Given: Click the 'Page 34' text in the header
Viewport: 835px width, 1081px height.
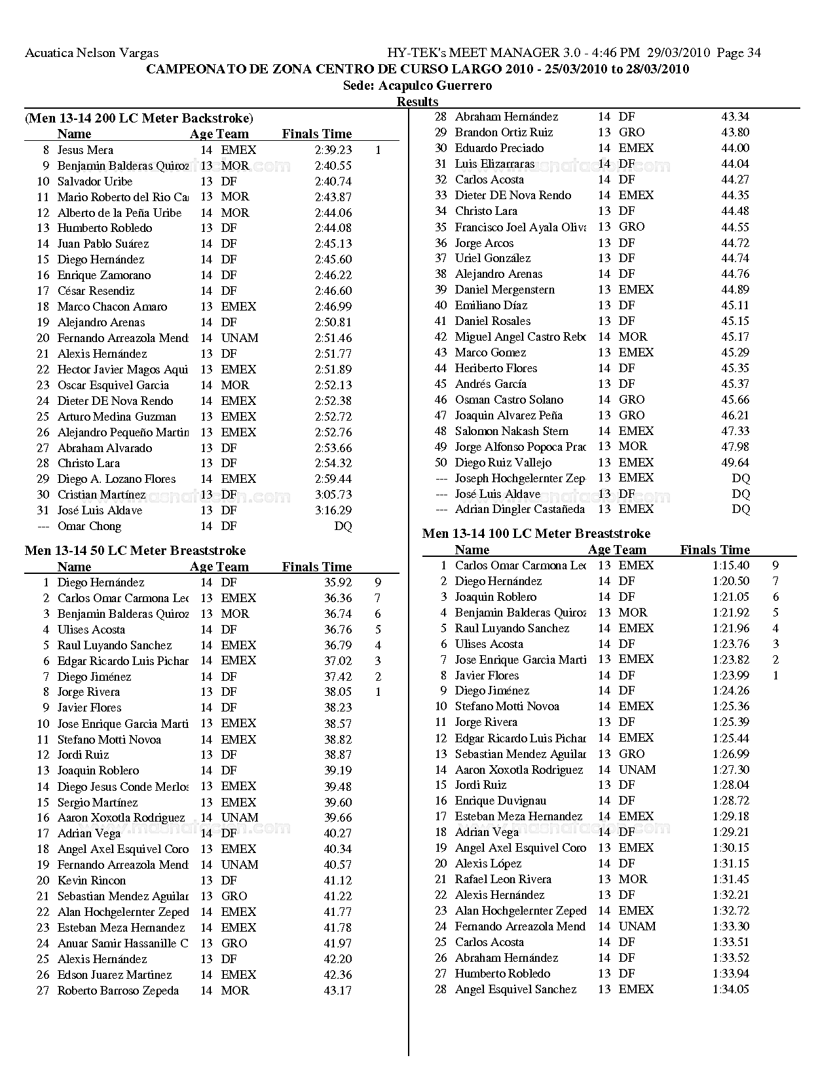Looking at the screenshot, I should [x=739, y=53].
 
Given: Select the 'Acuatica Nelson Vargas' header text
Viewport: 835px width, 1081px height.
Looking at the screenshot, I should [x=92, y=53].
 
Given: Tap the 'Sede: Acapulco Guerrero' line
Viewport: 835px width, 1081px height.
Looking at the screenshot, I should [x=417, y=86].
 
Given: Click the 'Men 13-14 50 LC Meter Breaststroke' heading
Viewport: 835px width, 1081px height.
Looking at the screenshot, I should [x=135, y=550].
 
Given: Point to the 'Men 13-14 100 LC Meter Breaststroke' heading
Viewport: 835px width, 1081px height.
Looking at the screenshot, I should [x=536, y=533].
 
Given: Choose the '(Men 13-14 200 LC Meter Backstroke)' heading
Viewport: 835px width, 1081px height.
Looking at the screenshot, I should [x=139, y=119].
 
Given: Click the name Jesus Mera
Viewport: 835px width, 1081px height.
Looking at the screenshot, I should [x=85, y=150].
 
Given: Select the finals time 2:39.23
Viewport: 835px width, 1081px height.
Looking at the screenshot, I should [x=333, y=150].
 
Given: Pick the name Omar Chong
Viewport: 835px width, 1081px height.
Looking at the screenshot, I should [x=89, y=526].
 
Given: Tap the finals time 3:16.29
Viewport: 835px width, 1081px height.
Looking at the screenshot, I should [x=333, y=510].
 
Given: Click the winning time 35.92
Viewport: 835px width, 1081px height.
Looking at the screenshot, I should [x=338, y=582].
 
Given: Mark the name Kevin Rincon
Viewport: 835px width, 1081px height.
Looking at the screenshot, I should [x=92, y=881].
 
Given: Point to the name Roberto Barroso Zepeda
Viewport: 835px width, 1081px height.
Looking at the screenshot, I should [x=118, y=991].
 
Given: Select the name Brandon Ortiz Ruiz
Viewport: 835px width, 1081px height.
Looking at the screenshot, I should [x=504, y=132].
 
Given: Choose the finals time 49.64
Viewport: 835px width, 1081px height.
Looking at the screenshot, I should [x=735, y=463].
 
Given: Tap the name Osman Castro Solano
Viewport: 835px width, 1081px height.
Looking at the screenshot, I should [x=509, y=400].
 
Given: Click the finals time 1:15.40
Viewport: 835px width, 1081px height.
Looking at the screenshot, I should [x=731, y=565].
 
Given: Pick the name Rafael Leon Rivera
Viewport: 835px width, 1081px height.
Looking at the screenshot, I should [x=503, y=879].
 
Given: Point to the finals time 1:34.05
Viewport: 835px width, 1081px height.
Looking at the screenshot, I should [x=731, y=989].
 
